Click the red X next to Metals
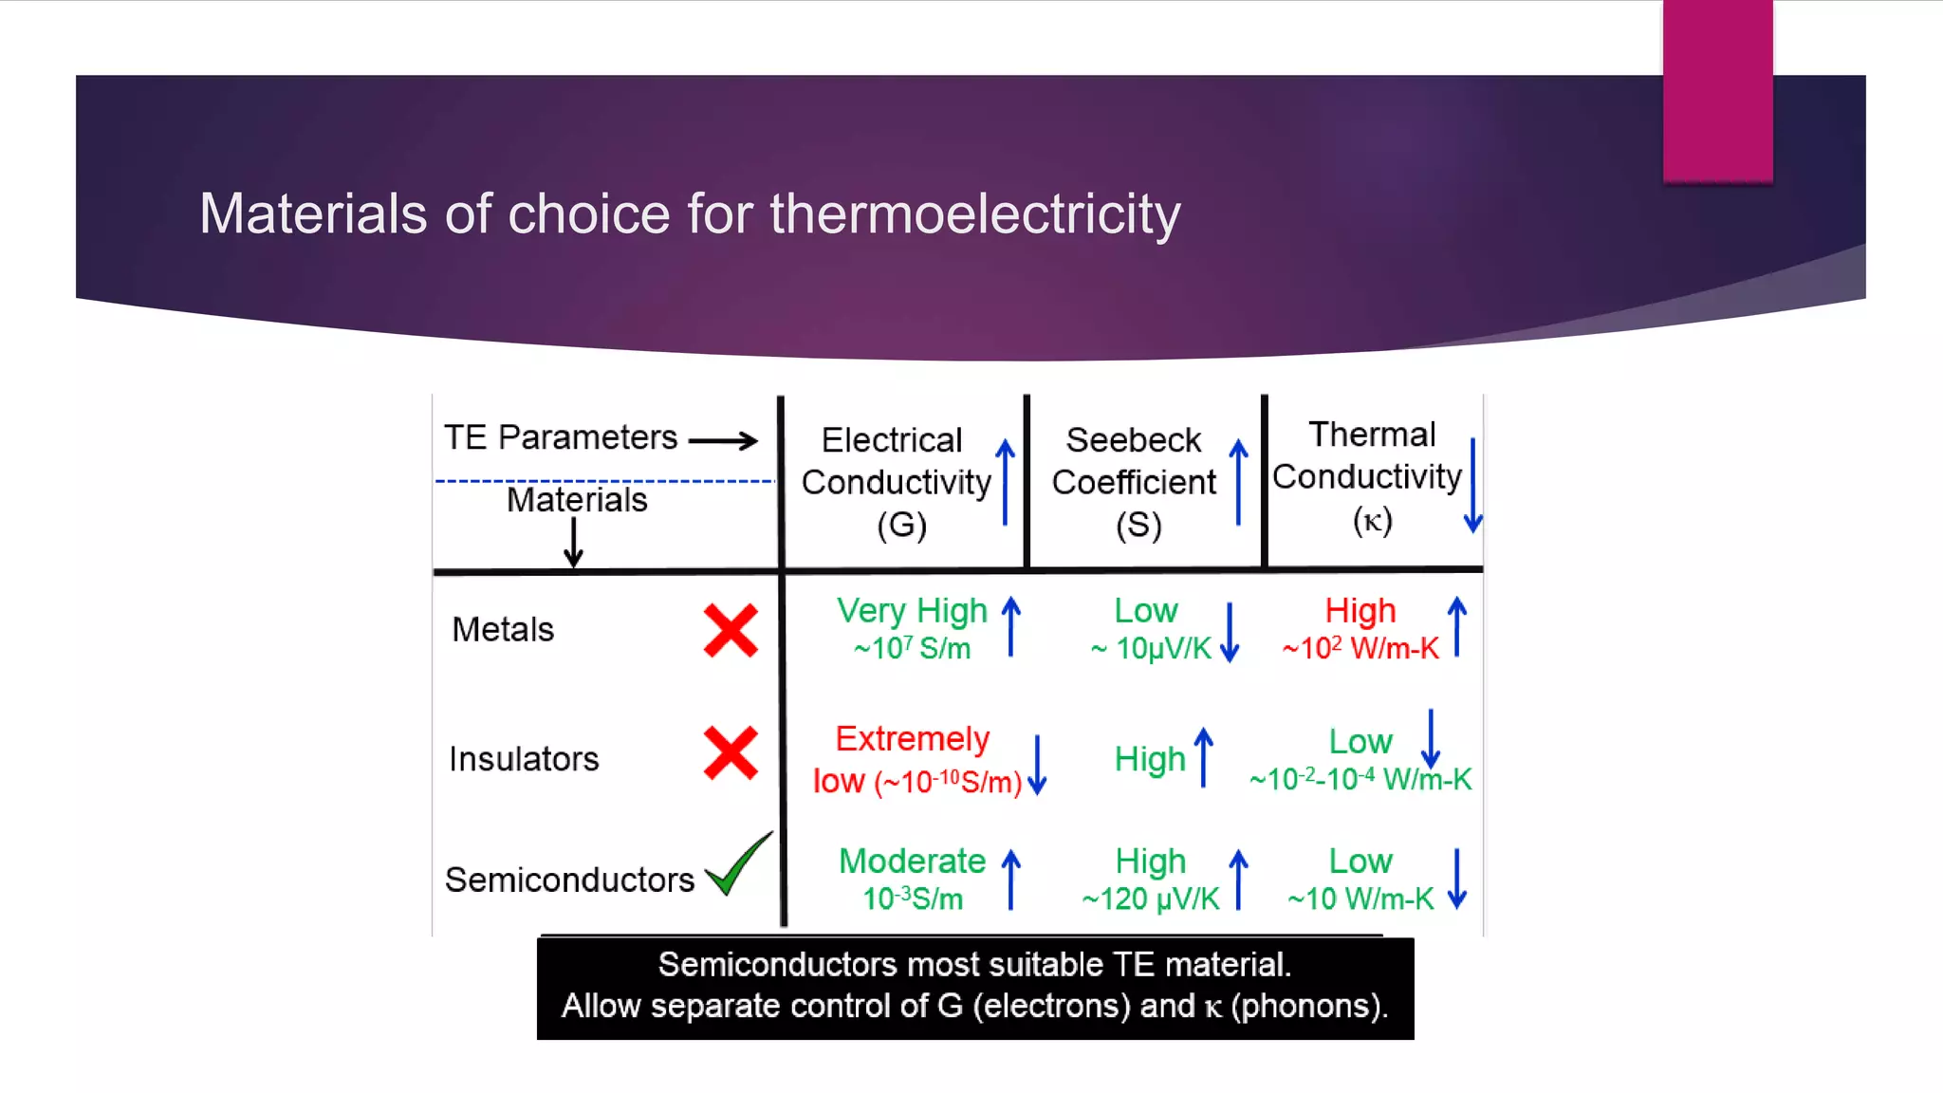tap(731, 631)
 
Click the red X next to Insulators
tap(731, 753)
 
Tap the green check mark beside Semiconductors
tap(738, 864)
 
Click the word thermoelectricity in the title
tap(974, 213)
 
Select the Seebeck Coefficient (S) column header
tap(1134, 482)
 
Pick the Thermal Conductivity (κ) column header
tap(1367, 476)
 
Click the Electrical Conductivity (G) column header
tap(896, 482)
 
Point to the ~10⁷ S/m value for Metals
tap(912, 649)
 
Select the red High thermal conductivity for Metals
tap(1360, 611)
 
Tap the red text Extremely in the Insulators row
tap(912, 738)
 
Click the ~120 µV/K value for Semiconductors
tap(1151, 898)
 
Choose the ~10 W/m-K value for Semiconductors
tap(1360, 898)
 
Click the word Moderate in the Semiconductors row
tap(912, 861)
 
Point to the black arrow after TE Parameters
tap(723, 440)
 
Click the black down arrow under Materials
tap(573, 544)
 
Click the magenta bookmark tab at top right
tap(1717, 91)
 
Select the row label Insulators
tap(524, 759)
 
